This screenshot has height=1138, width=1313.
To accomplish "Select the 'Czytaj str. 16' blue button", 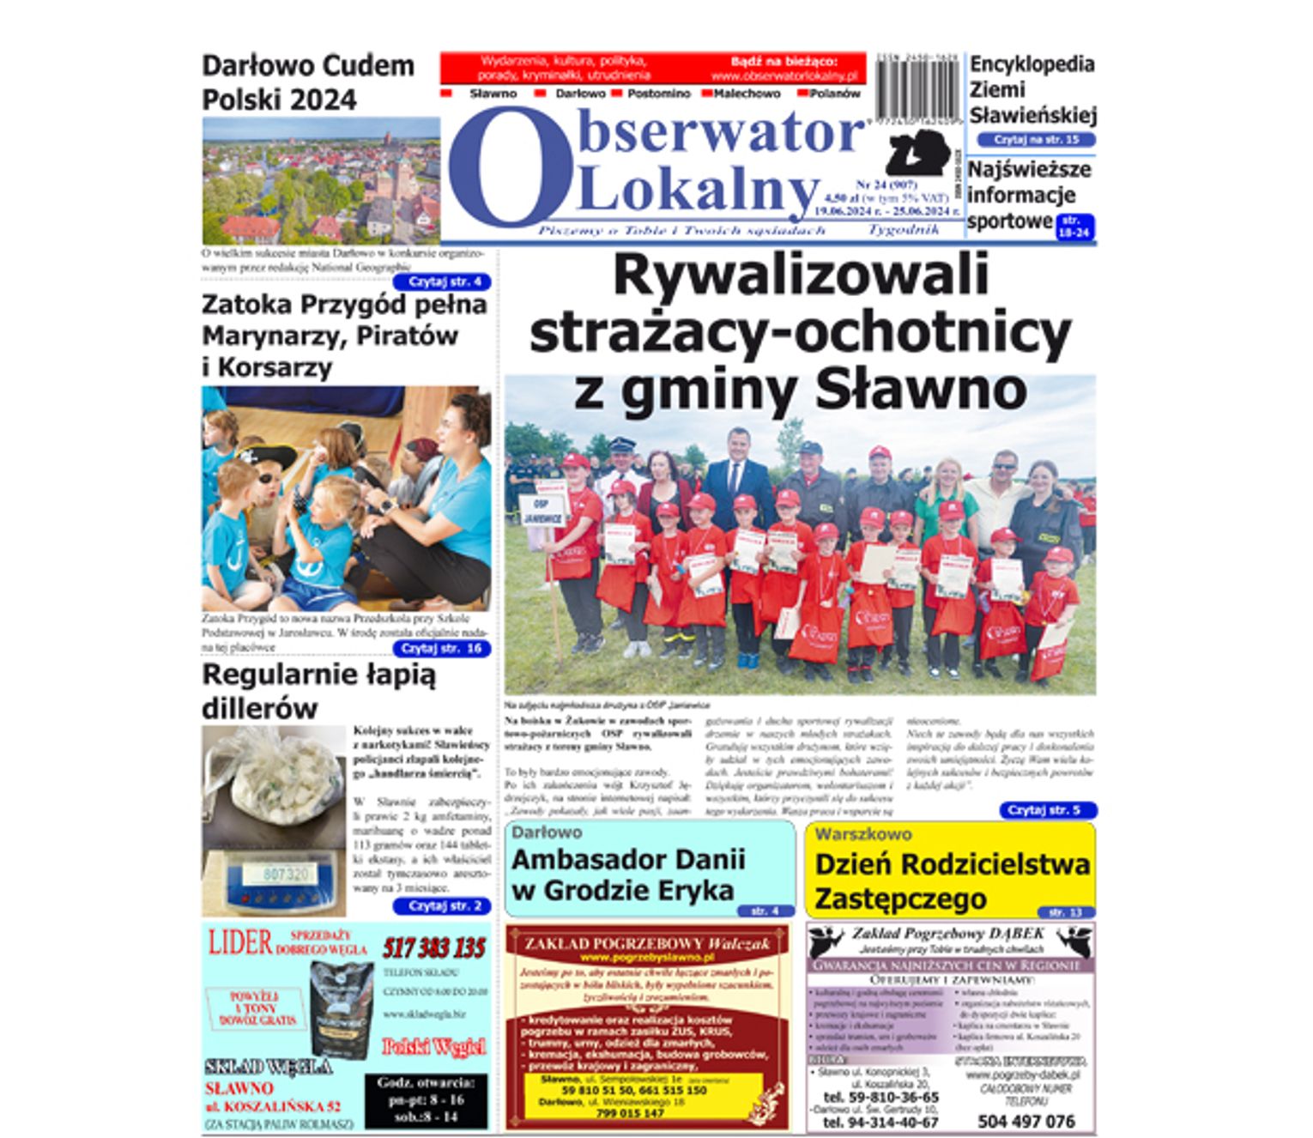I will (x=442, y=649).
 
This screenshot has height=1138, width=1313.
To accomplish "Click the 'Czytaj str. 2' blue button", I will (x=442, y=906).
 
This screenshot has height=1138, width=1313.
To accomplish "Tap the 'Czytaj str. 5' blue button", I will (x=1047, y=810).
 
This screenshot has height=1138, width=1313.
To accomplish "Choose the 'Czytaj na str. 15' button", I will (x=1035, y=140).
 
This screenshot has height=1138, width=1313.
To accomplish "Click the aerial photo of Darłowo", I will (x=321, y=181).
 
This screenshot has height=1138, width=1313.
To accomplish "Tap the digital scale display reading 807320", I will (x=286, y=874).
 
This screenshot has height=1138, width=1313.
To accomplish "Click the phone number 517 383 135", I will (x=434, y=948).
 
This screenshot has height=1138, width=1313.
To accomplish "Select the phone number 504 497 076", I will (x=1026, y=1122).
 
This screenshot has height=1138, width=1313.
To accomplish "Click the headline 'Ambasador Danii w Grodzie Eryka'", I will (x=628, y=875).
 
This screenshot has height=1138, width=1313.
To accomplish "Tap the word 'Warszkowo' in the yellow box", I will (x=862, y=834).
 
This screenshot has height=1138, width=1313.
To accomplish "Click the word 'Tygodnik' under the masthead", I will (x=902, y=230).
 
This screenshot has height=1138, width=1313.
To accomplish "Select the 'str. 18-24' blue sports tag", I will (x=1075, y=227).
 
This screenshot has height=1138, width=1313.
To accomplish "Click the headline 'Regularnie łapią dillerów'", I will (x=318, y=692).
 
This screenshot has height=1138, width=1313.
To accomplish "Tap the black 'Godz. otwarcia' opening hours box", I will (x=426, y=1100).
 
